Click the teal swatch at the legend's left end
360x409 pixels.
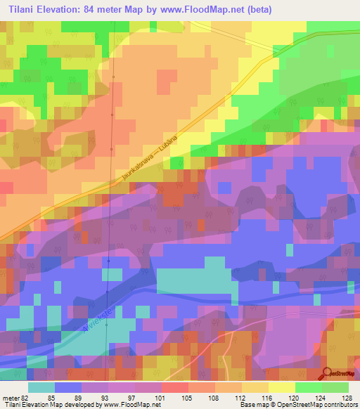coord(41,387)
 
